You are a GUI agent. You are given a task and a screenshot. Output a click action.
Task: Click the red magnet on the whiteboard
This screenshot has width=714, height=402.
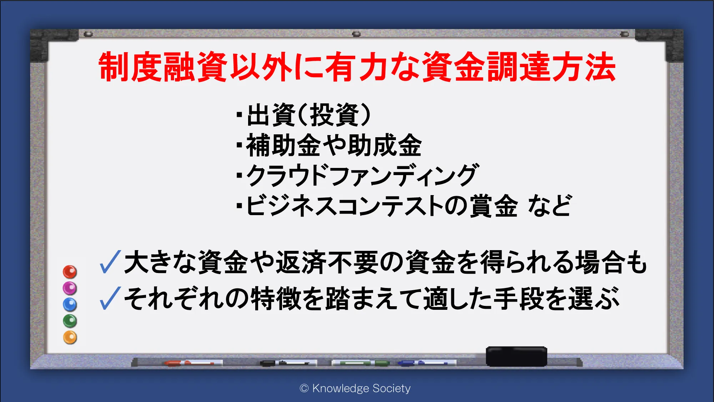tap(70, 272)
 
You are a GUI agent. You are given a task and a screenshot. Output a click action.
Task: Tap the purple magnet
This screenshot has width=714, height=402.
tap(70, 288)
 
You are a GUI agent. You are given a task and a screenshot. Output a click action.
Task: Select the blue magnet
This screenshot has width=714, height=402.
tap(70, 304)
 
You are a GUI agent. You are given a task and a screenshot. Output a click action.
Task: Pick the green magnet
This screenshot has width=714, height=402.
tap(70, 321)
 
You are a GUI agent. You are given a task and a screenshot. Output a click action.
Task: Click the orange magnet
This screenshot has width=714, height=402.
tap(70, 337)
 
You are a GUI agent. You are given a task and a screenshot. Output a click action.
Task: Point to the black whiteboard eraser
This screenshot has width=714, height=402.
tap(516, 356)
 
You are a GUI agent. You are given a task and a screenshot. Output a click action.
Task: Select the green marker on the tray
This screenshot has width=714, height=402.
tap(361, 363)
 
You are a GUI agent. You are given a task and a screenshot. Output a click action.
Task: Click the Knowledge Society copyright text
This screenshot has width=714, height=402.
tap(355, 388)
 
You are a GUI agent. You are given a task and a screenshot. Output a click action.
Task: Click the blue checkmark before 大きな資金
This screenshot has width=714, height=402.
tap(110, 262)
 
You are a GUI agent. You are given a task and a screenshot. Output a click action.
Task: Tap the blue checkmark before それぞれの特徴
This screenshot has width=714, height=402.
tap(110, 298)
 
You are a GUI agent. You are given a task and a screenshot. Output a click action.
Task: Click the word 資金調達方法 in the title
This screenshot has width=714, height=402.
tap(519, 67)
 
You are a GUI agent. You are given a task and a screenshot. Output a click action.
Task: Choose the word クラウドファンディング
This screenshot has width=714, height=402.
tap(362, 175)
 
